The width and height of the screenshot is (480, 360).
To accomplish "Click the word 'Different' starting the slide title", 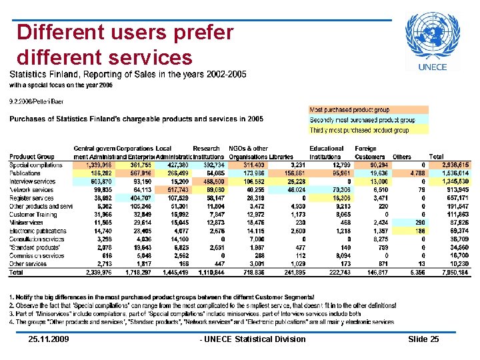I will (59, 32).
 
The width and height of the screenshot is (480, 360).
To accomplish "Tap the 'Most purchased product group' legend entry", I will (349, 109).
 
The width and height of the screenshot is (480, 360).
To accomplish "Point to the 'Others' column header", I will (402, 157).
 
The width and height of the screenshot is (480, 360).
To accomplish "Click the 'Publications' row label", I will (26, 173).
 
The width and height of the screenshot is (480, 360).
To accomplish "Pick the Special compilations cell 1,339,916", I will (93, 164).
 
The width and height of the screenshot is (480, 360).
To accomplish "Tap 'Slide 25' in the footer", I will (423, 339).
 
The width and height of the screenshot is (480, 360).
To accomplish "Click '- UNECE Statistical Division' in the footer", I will (253, 339).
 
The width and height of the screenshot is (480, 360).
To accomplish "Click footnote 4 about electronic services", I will (200, 322).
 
